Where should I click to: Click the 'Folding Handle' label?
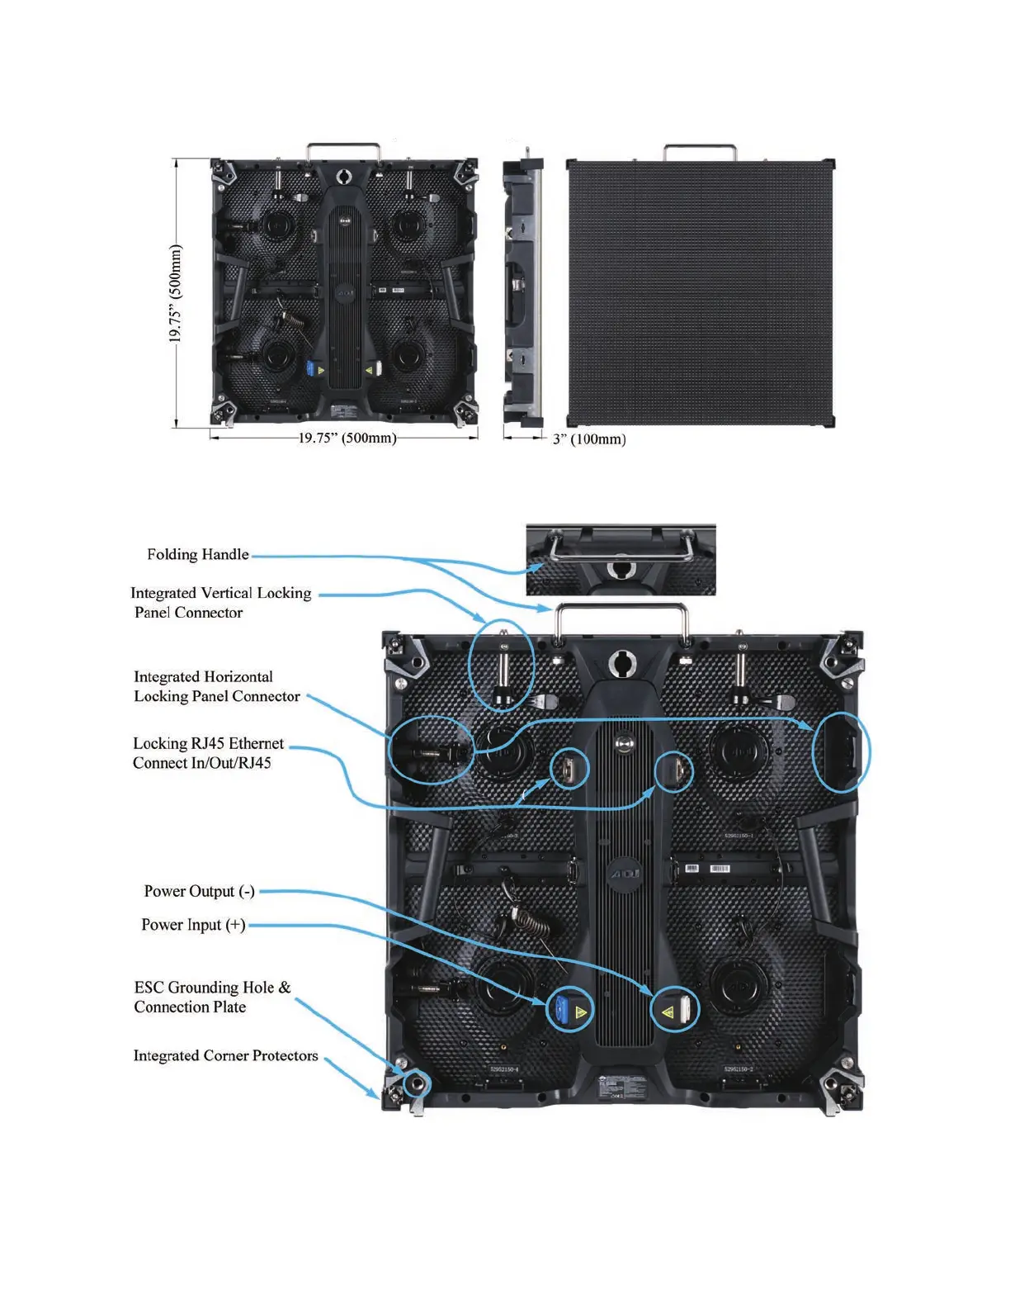coord(198,554)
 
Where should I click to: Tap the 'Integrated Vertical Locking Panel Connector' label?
coord(220,603)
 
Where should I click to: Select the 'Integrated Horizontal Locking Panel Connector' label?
coord(216,686)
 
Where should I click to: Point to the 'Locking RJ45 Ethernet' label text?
coord(208,743)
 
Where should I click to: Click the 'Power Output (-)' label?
coord(199,891)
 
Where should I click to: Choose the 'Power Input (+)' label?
coord(193,925)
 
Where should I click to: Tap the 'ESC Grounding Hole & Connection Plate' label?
coord(212,997)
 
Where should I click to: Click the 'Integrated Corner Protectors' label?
coord(225,1055)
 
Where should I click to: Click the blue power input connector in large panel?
coord(563,1009)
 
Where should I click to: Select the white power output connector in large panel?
coord(684,1010)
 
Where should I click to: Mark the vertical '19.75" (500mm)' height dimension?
coord(175,294)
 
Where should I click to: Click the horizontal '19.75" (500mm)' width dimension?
coord(347,438)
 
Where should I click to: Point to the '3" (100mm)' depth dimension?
coord(589,439)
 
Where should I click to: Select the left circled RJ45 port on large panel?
coord(569,770)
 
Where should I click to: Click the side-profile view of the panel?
coord(523,289)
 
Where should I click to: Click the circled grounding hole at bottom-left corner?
coord(417,1082)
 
